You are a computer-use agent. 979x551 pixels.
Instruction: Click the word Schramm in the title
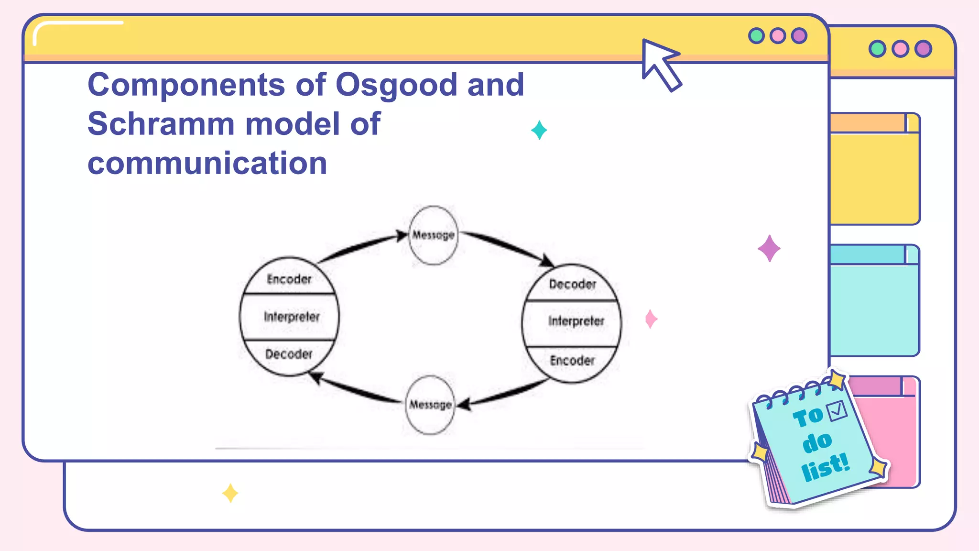click(161, 124)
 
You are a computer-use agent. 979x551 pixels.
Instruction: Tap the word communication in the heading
click(207, 164)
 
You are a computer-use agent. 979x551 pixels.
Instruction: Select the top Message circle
click(434, 235)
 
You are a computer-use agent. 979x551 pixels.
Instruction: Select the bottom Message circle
click(430, 405)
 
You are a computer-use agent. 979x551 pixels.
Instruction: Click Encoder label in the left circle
click(289, 279)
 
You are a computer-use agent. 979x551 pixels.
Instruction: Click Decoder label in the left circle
click(289, 354)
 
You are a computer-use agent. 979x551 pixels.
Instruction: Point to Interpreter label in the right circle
click(576, 321)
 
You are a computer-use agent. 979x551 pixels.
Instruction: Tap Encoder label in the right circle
click(572, 360)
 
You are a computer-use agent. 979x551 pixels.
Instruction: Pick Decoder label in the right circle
click(572, 284)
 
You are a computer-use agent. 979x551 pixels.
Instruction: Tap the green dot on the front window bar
click(756, 36)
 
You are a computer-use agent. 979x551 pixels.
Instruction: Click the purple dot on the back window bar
click(923, 49)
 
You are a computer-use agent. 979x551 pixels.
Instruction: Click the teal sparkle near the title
click(539, 130)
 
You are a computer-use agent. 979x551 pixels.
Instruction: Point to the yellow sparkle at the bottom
click(230, 493)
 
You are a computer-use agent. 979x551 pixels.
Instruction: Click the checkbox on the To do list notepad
click(837, 411)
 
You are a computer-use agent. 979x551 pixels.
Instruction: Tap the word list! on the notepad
click(826, 467)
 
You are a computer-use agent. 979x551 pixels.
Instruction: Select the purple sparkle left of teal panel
click(769, 248)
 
